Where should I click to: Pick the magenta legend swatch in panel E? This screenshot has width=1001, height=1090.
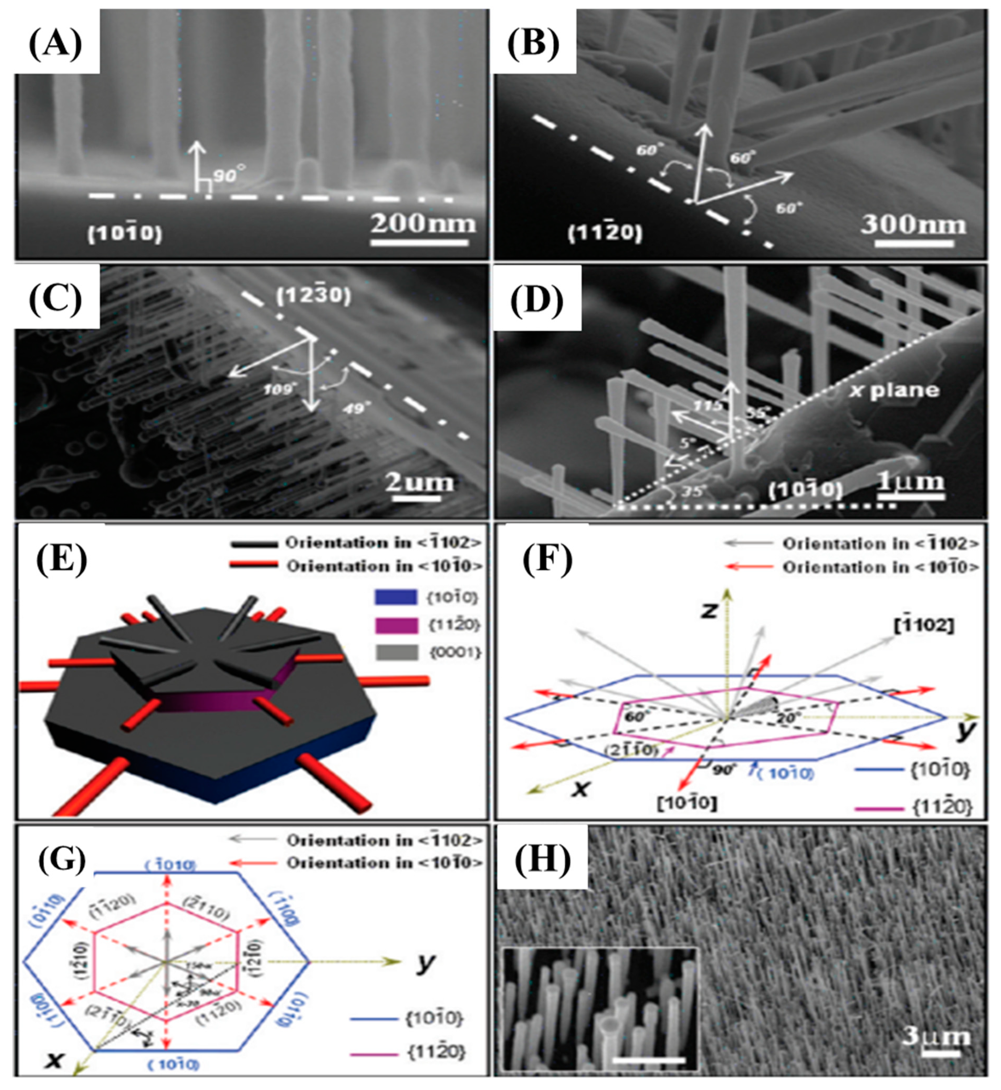point(395,625)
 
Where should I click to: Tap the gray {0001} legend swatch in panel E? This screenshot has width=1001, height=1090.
point(395,653)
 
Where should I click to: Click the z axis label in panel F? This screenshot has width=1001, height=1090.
point(707,610)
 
